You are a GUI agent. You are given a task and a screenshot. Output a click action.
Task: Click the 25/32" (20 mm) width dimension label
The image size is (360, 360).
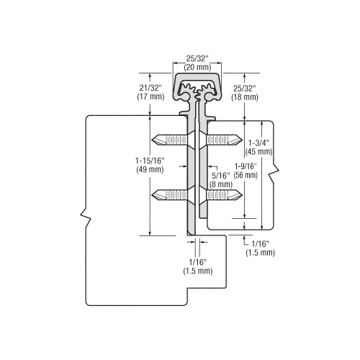tap(197, 63)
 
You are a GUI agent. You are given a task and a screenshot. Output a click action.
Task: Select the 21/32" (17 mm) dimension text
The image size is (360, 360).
tap(150, 92)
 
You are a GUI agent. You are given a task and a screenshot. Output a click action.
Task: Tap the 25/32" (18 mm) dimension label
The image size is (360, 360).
tap(245, 93)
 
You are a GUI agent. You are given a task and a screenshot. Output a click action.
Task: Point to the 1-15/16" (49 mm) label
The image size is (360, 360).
tap(150, 165)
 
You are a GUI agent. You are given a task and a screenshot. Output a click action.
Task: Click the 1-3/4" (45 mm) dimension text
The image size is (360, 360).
tap(258, 148)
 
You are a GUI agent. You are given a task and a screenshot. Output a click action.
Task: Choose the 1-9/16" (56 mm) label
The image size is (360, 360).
tap(246, 171)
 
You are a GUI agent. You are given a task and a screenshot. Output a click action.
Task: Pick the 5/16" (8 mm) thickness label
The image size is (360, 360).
tap(221, 180)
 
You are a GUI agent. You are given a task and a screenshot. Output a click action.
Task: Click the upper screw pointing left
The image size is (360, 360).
tap(170, 140)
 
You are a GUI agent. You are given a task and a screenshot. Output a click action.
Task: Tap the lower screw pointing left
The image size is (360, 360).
tap(170, 194)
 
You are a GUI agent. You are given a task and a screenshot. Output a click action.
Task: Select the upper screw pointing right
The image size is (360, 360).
tap(224, 140)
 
